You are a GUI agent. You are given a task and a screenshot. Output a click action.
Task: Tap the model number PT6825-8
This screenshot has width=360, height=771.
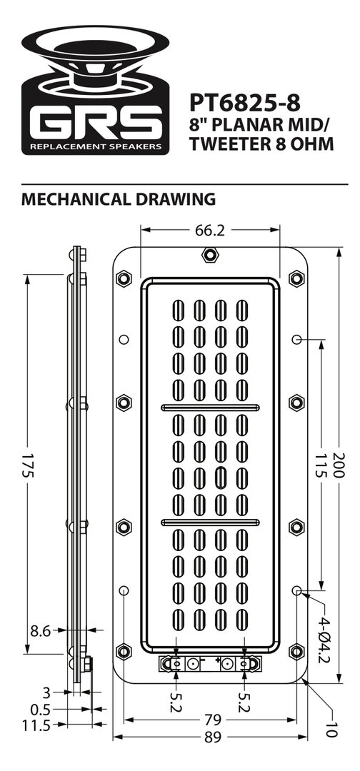click(x=244, y=103)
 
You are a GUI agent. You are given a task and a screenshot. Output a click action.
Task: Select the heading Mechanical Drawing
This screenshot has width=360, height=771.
click(x=119, y=199)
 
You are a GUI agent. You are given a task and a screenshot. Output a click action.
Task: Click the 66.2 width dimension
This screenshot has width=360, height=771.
click(x=210, y=230)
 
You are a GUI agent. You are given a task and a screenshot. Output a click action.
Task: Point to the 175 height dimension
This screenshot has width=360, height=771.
click(x=27, y=465)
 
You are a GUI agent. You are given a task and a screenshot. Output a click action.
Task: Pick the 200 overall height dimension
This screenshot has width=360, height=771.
click(x=339, y=465)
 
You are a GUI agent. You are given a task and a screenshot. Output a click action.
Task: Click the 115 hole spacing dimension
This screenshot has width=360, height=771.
click(x=321, y=465)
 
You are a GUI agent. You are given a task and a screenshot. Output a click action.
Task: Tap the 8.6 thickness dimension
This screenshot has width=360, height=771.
click(x=40, y=631)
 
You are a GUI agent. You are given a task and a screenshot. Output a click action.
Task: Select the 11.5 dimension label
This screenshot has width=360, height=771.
click(x=37, y=725)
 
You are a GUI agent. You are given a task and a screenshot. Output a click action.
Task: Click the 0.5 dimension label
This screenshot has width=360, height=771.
click(x=40, y=710)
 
